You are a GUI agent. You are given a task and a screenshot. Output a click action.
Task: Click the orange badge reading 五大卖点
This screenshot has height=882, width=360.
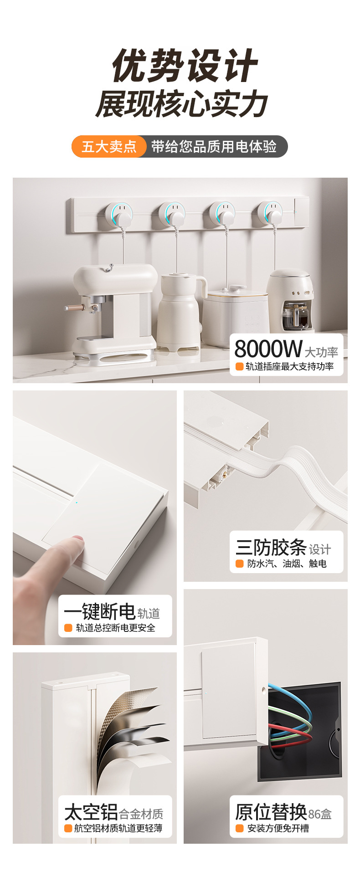pos(109,147)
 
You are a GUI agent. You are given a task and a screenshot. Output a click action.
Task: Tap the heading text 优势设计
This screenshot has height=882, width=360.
pos(185,66)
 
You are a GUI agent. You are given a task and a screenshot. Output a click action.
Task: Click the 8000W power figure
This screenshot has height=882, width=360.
pos(268,349)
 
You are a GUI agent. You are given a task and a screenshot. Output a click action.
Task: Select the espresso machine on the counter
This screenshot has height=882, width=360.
pos(114,310)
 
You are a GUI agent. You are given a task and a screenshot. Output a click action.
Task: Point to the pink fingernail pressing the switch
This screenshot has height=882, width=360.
pos(78,540)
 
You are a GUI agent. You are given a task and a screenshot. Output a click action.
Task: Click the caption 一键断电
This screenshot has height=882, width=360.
pos(99,611)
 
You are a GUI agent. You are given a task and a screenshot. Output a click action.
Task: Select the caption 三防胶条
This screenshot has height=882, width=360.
pos(271,547)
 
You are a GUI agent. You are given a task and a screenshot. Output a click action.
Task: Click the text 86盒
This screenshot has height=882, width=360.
pos(320,814)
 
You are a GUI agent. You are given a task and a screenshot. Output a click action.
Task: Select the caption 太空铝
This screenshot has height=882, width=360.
pos(91,812)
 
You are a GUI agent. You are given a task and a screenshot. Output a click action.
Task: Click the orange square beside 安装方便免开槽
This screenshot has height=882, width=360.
pos(239,828)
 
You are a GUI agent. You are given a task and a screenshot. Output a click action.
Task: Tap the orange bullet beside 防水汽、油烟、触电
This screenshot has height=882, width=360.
pos(239,564)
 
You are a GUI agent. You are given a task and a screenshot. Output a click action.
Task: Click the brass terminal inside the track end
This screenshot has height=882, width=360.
pos(225,475)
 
